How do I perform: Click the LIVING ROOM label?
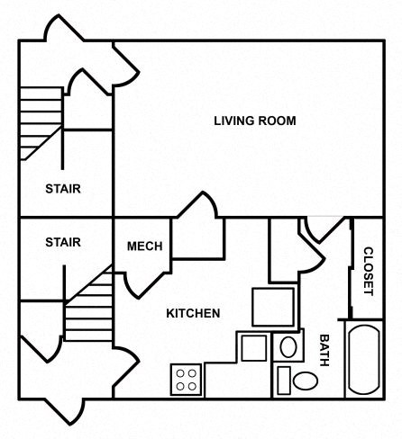click(255, 121)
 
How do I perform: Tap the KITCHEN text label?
click(193, 314)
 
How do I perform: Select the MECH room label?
click(144, 246)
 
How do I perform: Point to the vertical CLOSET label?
click(368, 271)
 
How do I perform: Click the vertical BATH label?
click(324, 350)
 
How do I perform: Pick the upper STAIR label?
click(63, 189)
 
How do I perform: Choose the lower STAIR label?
click(63, 242)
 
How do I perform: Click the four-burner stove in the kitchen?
click(187, 379)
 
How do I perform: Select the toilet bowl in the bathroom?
click(305, 380)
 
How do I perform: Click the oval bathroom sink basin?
click(289, 346)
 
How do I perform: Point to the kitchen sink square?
click(253, 347)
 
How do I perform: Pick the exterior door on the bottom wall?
click(63, 409)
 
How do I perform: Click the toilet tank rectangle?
click(283, 380)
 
